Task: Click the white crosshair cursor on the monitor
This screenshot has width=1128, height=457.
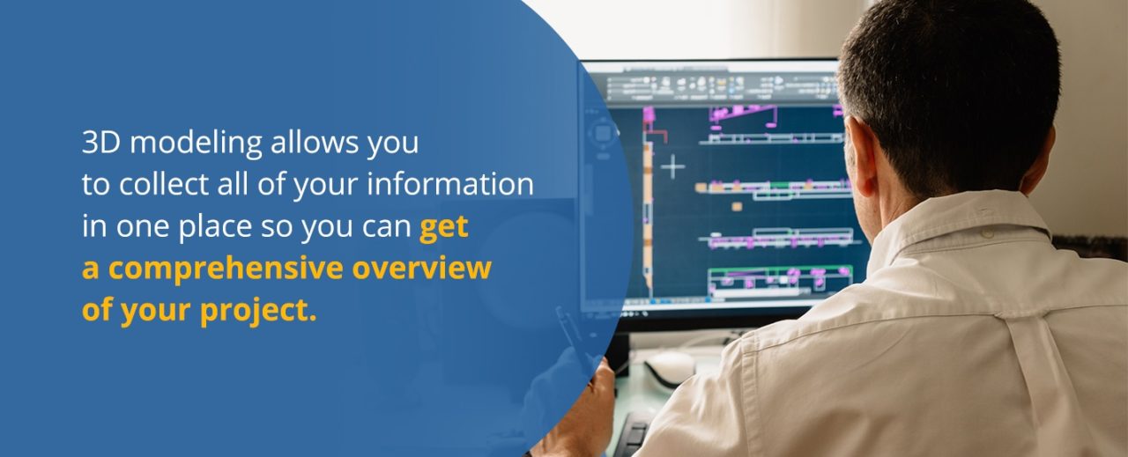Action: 672,166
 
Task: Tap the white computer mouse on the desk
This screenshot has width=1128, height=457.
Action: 671,366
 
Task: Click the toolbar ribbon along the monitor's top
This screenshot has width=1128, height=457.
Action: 714,86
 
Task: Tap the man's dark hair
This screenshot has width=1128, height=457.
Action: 952,79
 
